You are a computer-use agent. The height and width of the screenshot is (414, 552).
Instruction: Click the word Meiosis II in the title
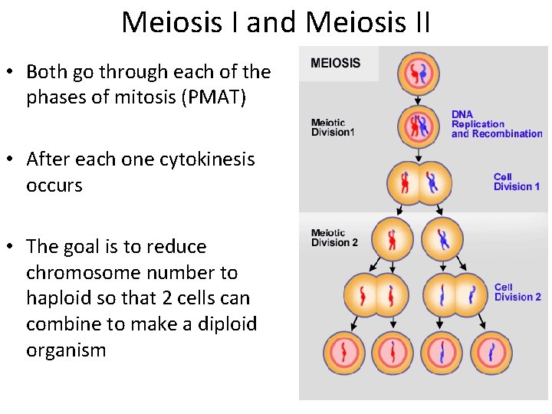tap(368, 23)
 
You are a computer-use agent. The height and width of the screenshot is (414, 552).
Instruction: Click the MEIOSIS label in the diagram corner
tap(335, 63)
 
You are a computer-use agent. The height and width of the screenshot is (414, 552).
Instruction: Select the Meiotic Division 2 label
tap(334, 238)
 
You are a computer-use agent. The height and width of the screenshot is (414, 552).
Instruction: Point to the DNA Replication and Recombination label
tap(496, 123)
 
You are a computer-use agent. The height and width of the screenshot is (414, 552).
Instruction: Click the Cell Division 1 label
tap(516, 182)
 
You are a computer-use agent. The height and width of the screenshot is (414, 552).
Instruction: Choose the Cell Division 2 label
tap(517, 292)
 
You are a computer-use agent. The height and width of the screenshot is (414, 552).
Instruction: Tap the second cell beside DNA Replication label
tap(418, 125)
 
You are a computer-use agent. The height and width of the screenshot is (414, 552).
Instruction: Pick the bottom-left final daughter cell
tap(344, 352)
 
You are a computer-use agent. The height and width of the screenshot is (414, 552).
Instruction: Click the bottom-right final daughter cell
tap(491, 352)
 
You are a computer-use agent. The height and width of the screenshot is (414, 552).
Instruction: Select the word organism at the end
tap(66, 350)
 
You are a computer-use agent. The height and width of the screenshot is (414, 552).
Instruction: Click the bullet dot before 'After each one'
tap(11, 160)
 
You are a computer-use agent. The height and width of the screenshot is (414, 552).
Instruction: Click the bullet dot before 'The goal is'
tap(11, 248)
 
